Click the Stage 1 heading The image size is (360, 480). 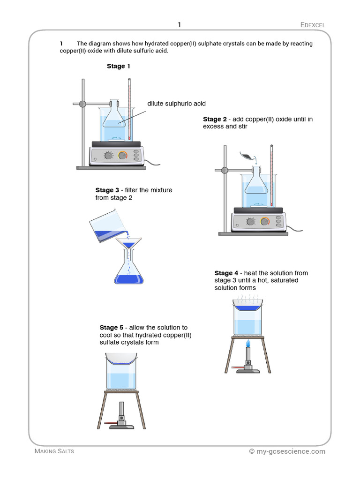pyautogui.click(x=119, y=66)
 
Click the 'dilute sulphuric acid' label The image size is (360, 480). pyautogui.click(x=176, y=104)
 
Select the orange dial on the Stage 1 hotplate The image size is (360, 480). pyautogui.click(x=123, y=155)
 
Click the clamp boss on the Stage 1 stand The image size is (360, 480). pyautogui.click(x=82, y=104)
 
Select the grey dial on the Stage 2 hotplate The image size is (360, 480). pyautogui.click(x=251, y=221)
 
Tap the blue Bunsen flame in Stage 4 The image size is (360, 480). pyautogui.click(x=248, y=346)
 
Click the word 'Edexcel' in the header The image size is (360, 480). pyautogui.click(x=313, y=25)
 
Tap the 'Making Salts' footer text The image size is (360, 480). pyautogui.click(x=54, y=451)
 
